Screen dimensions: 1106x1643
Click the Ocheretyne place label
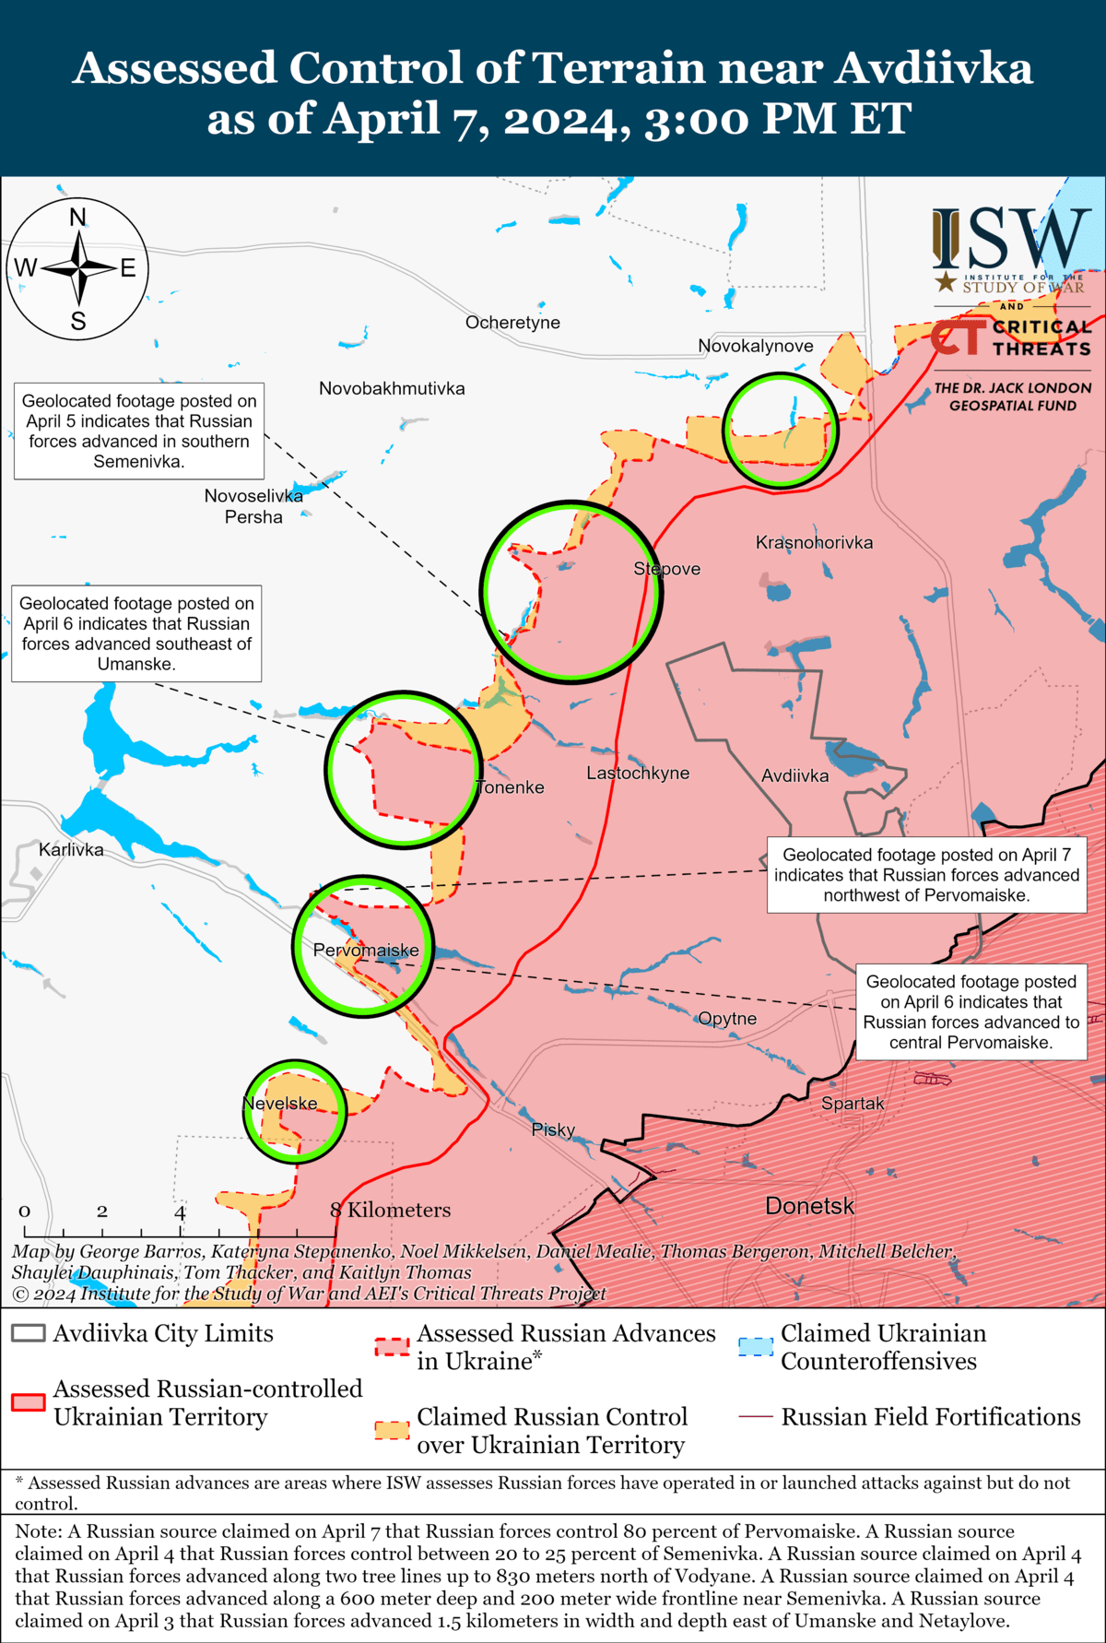(x=512, y=323)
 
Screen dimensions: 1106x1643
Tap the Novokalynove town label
(x=755, y=346)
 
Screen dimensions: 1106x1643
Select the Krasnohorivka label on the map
(x=814, y=542)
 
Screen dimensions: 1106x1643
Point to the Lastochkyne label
(x=638, y=773)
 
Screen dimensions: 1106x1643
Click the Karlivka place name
(x=71, y=849)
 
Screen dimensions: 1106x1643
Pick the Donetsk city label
(x=809, y=1206)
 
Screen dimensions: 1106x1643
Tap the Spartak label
(x=853, y=1104)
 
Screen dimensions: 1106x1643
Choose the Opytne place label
(x=727, y=1018)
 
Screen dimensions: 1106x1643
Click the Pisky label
(x=553, y=1129)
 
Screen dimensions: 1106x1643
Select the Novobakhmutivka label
(x=392, y=388)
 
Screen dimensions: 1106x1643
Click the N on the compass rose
(x=78, y=218)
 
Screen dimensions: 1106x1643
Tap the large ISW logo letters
(x=1011, y=239)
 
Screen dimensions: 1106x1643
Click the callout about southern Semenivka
(x=139, y=431)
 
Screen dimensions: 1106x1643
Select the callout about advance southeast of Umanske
(x=136, y=633)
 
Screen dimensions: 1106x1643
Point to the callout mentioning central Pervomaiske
(x=971, y=1012)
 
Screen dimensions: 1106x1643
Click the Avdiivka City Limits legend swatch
(x=29, y=1333)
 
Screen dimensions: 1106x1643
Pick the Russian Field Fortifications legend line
(x=755, y=1416)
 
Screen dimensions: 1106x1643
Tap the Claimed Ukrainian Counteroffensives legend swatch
(x=756, y=1346)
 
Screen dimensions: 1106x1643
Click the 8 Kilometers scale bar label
(x=391, y=1210)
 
